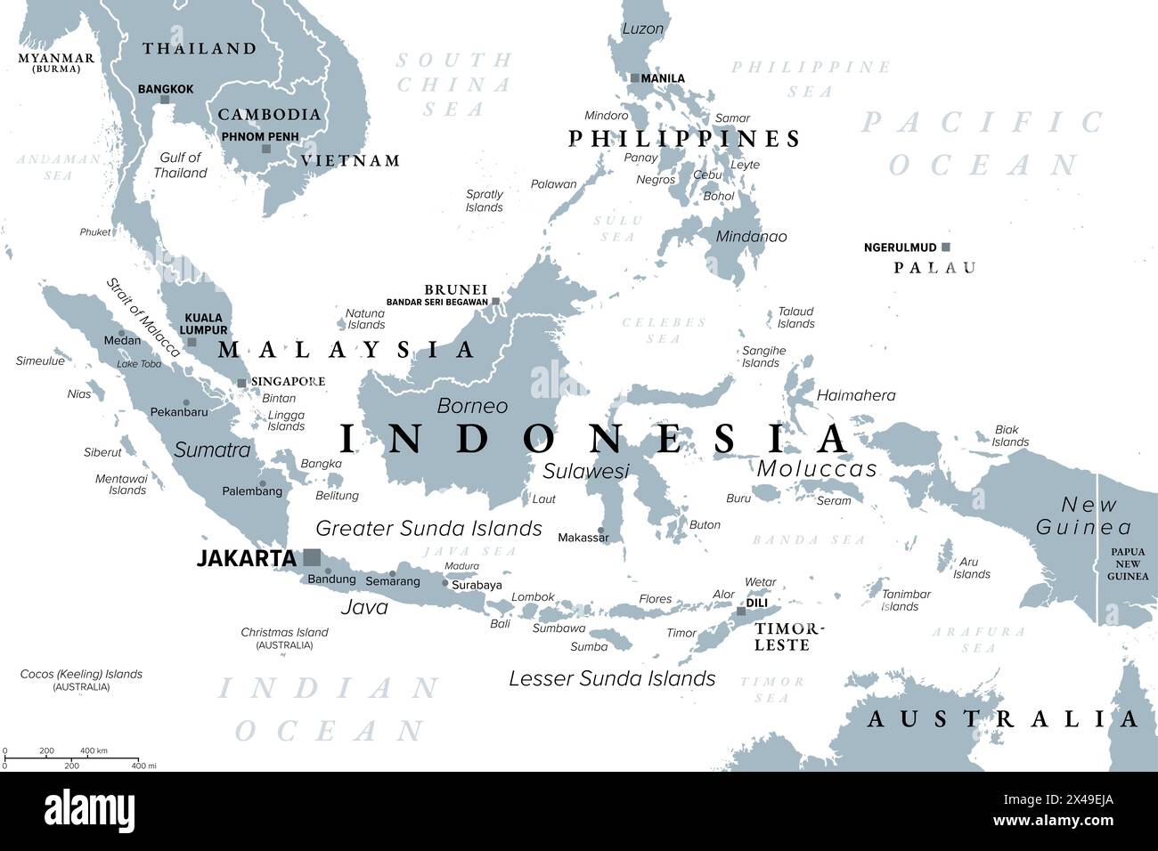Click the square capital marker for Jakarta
[311, 557]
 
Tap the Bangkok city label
[166, 89]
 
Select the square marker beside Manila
[634, 78]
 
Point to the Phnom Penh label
[259, 137]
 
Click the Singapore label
[288, 381]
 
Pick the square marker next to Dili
[740, 611]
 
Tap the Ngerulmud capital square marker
[946, 247]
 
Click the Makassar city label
[583, 538]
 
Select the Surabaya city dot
[445, 583]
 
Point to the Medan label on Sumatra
[122, 340]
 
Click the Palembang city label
[252, 490]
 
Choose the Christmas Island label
[284, 632]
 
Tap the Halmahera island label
[856, 395]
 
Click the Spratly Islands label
[485, 200]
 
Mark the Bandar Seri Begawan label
[436, 302]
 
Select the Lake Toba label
[139, 364]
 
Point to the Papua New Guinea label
[1128, 563]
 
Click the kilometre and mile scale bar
[70, 758]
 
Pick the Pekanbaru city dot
[185, 402]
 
